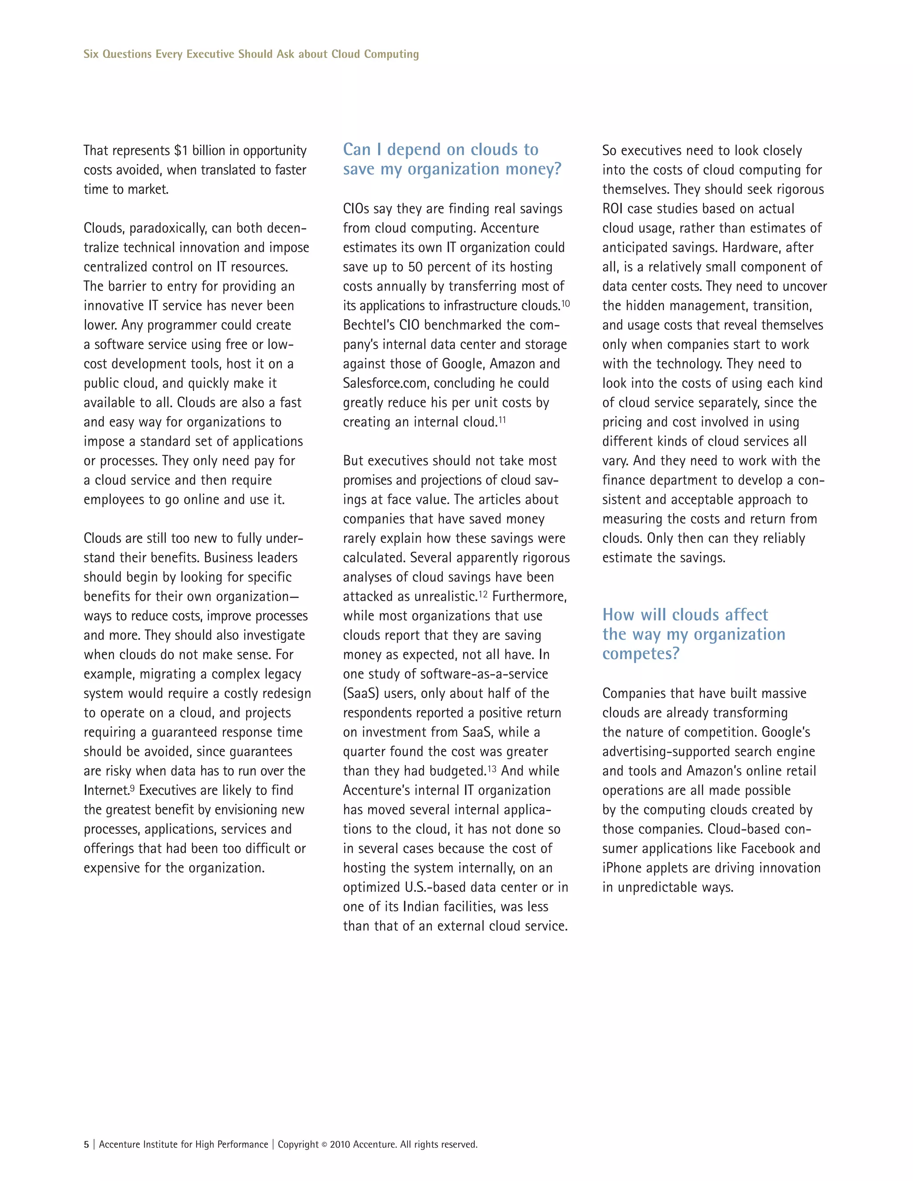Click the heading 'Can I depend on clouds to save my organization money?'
(x=452, y=159)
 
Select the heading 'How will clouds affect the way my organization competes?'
(x=693, y=634)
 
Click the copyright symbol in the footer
(x=325, y=1145)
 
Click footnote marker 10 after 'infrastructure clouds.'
(x=565, y=303)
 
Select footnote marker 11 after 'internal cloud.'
(x=502, y=420)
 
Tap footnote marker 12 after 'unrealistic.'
(x=482, y=594)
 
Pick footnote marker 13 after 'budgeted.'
(x=492, y=768)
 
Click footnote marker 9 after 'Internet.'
(x=132, y=788)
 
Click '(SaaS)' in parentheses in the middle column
(x=360, y=694)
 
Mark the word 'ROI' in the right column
(x=613, y=209)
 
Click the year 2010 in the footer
(x=340, y=1145)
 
